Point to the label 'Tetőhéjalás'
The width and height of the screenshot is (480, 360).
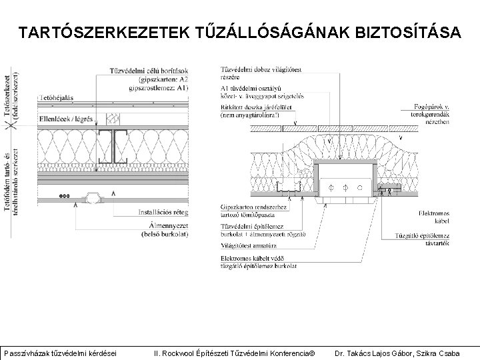click(x=57, y=97)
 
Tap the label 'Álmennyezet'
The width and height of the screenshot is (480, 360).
click(x=165, y=225)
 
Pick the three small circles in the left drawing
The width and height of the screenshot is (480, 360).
click(x=64, y=196)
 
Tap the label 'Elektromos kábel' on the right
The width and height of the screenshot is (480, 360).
click(x=437, y=216)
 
